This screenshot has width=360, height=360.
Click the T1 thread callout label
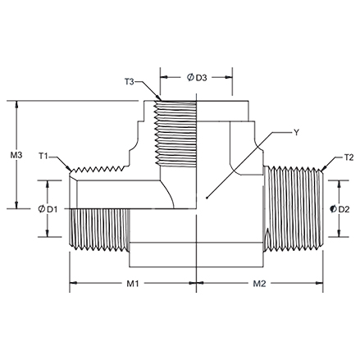43,156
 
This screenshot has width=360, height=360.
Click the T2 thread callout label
349,157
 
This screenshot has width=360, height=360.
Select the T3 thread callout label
130,81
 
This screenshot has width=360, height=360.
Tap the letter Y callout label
296,133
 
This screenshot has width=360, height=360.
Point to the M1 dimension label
133,284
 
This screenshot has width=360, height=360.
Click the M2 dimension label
259,284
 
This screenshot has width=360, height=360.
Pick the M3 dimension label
16,155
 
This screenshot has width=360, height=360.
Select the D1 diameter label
52,209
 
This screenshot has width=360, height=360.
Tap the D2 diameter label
344,209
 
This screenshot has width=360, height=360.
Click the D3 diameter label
202,78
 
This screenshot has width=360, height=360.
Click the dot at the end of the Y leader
207,198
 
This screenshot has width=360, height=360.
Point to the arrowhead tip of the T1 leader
71,171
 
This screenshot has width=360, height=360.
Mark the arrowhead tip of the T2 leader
321,171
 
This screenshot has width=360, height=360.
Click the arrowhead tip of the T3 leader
161,100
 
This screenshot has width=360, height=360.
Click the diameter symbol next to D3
190,77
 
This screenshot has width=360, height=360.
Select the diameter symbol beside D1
42,209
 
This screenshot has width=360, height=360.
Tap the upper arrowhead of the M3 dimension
17,102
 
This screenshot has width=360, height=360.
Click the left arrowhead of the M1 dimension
71,283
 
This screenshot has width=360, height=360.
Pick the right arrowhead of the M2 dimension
322,283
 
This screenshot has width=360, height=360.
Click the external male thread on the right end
293,208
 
